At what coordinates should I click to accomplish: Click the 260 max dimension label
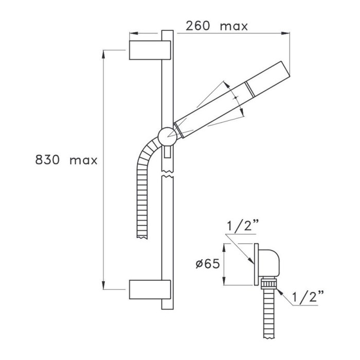[217, 26]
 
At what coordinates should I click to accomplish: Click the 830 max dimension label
[66, 159]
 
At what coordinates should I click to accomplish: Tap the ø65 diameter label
[208, 264]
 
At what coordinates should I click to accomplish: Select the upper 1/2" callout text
[243, 226]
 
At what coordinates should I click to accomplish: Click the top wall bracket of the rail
[150, 50]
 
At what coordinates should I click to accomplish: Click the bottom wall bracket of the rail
[150, 290]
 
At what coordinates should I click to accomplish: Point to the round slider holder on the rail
[168, 137]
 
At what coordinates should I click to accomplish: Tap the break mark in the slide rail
[167, 174]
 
